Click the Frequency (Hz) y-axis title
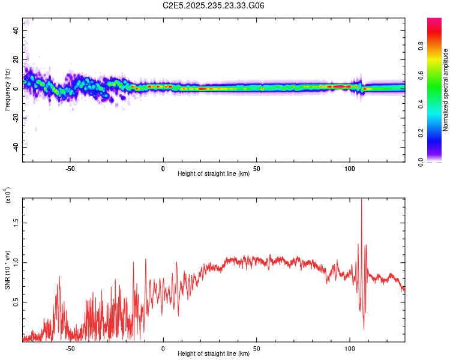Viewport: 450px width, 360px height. [x=7, y=90]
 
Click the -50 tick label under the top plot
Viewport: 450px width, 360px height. [x=70, y=168]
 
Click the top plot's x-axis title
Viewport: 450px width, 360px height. [x=214, y=174]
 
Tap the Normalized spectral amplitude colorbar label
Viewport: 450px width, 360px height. [x=446, y=90]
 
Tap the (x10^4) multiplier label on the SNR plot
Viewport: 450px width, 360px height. [x=8, y=196]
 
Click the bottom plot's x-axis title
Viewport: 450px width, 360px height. [x=214, y=354]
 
